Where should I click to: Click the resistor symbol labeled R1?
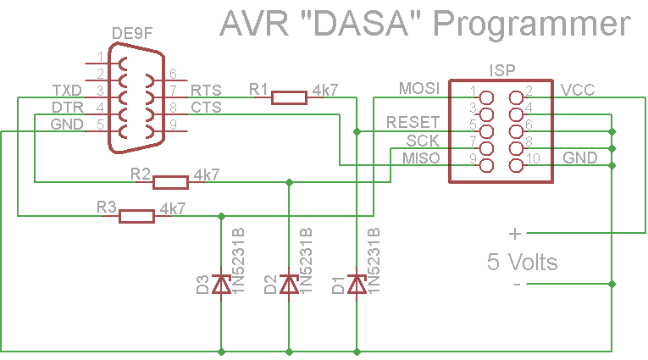pyautogui.click(x=289, y=97)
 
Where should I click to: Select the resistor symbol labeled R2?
pyautogui.click(x=170, y=181)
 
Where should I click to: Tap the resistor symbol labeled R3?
pyautogui.click(x=136, y=216)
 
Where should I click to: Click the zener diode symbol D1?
pyautogui.click(x=357, y=284)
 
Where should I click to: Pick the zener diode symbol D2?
pyautogui.click(x=289, y=284)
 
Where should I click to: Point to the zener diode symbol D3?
pyautogui.click(x=221, y=284)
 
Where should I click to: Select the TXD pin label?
pyautogui.click(x=68, y=90)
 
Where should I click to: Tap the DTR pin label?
pyautogui.click(x=68, y=108)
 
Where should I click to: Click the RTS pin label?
pyautogui.click(x=207, y=90)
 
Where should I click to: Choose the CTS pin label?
pyautogui.click(x=207, y=108)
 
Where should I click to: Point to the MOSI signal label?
pyautogui.click(x=419, y=89)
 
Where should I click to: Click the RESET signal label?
pyautogui.click(x=413, y=123)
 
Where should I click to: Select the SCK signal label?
pyautogui.click(x=423, y=140)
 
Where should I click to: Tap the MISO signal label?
pyautogui.click(x=421, y=158)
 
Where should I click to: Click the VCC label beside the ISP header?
pyautogui.click(x=578, y=89)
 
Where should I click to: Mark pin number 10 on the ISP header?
pyautogui.click(x=533, y=158)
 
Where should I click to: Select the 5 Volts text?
pyautogui.click(x=523, y=262)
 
